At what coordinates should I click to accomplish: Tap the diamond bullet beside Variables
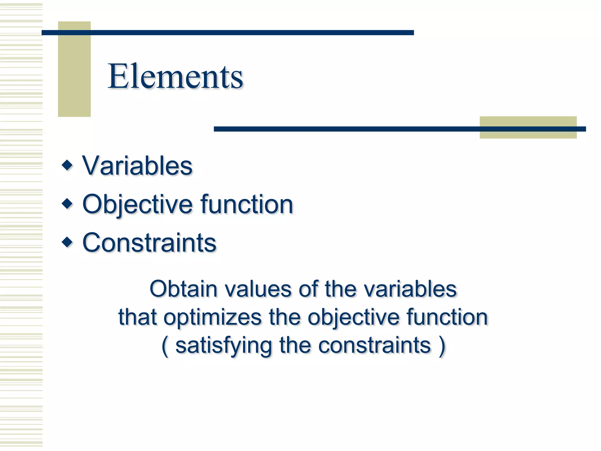[67, 165]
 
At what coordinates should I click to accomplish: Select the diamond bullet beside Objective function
[67, 203]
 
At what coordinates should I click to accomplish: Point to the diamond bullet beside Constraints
[67, 242]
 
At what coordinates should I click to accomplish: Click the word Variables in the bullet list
[137, 166]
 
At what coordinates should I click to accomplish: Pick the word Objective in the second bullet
[138, 205]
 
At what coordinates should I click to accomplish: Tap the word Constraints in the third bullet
[149, 243]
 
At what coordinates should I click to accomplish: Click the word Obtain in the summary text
[183, 289]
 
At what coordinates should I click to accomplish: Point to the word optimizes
[212, 318]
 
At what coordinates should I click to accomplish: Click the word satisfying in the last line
[224, 346]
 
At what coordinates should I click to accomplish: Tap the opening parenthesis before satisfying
[165, 346]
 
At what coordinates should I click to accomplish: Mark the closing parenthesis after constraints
[442, 346]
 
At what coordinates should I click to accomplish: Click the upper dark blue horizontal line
[227, 33]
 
